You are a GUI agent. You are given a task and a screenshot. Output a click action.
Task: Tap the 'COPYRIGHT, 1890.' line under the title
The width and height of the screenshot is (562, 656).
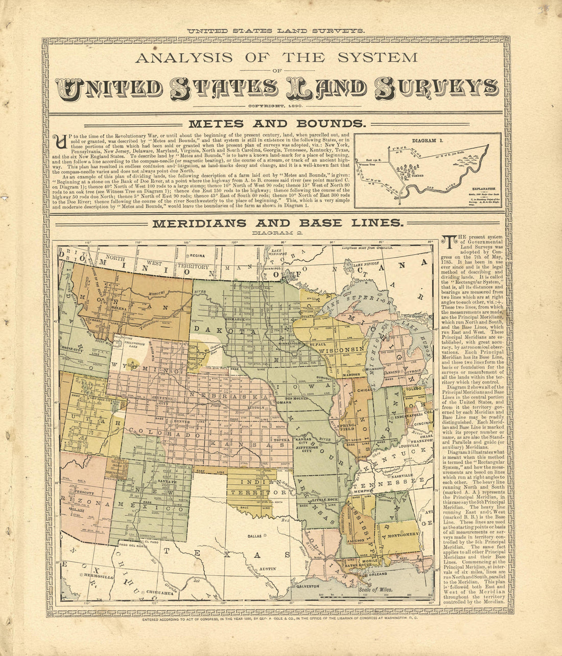(x=276, y=106)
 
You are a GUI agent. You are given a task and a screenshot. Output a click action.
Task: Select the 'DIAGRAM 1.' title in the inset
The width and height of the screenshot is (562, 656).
(x=427, y=140)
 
